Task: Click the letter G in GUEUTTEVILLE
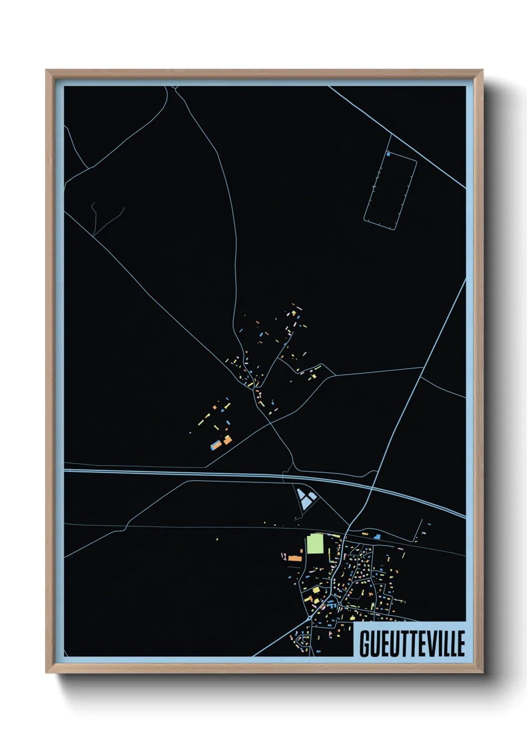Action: [x=365, y=644]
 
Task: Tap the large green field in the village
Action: [x=315, y=544]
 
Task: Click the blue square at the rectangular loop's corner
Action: [x=388, y=155]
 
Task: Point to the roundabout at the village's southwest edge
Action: [x=310, y=618]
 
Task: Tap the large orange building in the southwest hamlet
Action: [x=227, y=440]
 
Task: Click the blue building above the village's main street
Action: [x=377, y=537]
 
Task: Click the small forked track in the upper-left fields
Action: [x=95, y=214]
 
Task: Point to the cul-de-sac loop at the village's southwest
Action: [x=300, y=638]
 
